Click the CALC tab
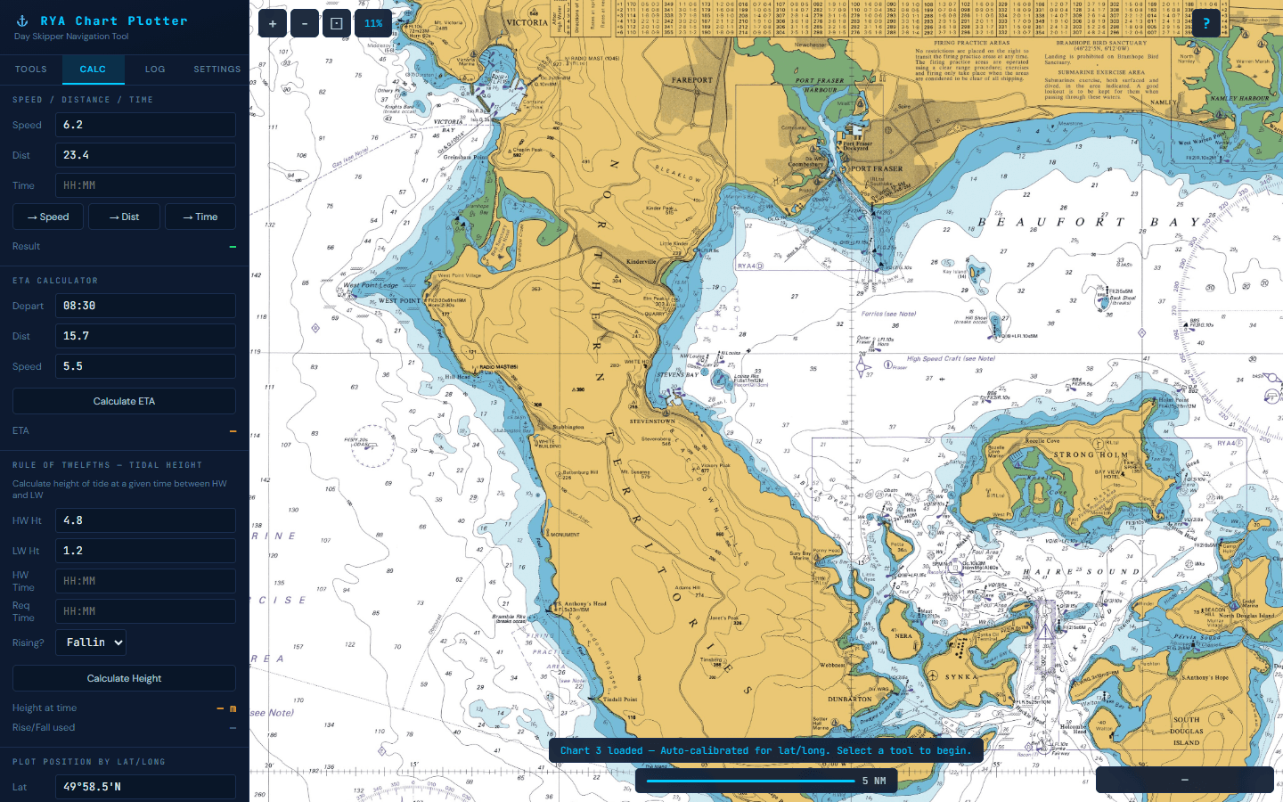point(93,69)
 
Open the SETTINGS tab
point(217,69)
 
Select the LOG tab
point(155,69)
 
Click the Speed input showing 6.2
point(145,125)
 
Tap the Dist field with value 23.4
point(145,155)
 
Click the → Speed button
point(48,217)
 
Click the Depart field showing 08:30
point(145,306)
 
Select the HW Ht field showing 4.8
point(145,520)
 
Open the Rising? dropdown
point(91,642)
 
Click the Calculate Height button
point(124,678)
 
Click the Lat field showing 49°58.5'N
point(145,787)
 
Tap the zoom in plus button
point(273,24)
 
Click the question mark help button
point(1206,24)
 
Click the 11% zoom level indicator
point(373,24)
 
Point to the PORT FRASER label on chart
point(876,168)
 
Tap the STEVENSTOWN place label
point(652,421)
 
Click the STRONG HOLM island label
point(1091,454)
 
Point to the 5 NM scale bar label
point(873,781)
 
